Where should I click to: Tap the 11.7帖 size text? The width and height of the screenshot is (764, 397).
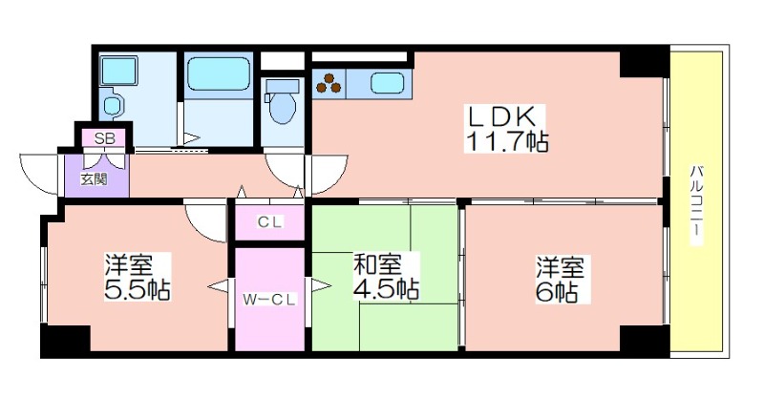tap(507, 141)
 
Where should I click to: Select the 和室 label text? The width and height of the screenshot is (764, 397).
tap(377, 264)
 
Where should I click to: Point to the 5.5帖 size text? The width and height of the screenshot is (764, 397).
tap(138, 290)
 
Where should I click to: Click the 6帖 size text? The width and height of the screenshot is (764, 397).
tap(557, 292)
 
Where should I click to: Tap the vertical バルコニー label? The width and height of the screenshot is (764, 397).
tap(697, 200)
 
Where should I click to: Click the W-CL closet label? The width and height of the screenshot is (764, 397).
tap(269, 300)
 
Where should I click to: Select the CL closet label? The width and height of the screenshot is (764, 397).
tap(269, 222)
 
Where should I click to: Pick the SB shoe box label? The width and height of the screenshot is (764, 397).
tap(104, 138)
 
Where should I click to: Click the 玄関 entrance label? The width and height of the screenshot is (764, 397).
tap(94, 179)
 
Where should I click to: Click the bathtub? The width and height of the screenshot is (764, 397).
tap(219, 74)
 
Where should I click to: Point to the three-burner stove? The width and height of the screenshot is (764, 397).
tap(329, 83)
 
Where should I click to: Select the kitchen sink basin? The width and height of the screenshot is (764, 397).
tap(387, 83)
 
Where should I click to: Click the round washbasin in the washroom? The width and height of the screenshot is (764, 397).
tap(112, 106)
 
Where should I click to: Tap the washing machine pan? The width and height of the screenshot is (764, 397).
tap(118, 71)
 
